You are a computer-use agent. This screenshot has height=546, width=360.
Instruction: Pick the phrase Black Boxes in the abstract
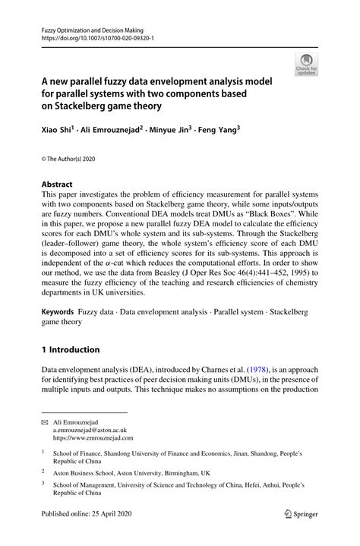(256, 215)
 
